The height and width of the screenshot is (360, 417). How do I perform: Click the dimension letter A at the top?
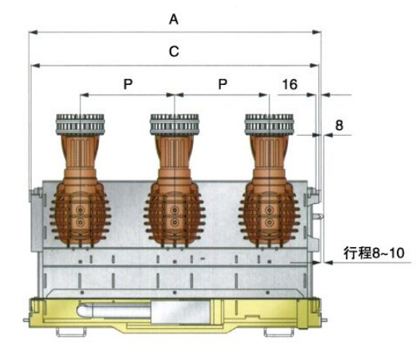coord(174,19)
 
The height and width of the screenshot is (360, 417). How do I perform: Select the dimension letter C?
coord(174,52)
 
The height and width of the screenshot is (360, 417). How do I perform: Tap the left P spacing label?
coord(128,84)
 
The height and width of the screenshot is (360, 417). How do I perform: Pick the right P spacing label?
coord(222,84)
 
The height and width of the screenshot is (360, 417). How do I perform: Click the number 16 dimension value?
coord(290,84)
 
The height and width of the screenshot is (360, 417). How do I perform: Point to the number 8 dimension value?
coord(339,125)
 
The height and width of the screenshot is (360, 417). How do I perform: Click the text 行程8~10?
coord(374,253)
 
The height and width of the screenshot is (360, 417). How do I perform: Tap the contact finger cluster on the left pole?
coord(80,124)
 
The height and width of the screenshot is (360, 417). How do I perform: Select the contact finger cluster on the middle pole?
coord(175,124)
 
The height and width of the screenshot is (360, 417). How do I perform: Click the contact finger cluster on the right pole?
coord(270,124)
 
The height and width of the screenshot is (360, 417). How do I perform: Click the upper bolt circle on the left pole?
coord(80,210)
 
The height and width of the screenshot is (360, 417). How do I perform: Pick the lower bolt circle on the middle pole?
coord(175,222)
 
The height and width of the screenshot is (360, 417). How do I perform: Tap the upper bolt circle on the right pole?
coord(270,210)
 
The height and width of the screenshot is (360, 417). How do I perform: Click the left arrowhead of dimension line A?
coord(33,32)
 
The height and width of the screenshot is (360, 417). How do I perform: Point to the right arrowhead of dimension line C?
coord(314,66)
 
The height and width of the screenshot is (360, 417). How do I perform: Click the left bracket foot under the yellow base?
coord(71,332)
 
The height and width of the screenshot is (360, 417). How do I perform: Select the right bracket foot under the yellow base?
coord(279,332)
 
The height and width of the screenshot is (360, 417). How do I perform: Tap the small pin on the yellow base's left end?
coord(26,320)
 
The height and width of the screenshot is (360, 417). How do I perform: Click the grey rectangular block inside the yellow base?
coord(182,311)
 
